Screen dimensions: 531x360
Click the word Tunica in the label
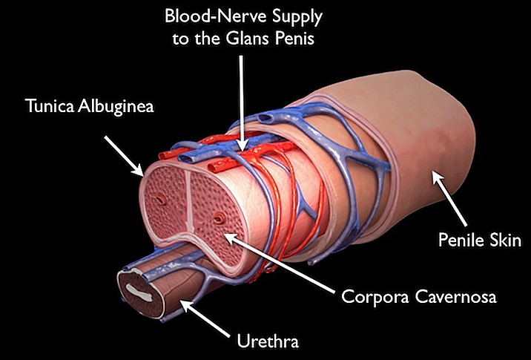click(x=50, y=105)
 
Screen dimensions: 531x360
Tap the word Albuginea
click(x=116, y=106)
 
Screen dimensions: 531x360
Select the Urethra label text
click(x=268, y=341)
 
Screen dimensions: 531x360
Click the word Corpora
click(x=375, y=297)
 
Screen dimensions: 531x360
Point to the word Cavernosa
click(x=456, y=298)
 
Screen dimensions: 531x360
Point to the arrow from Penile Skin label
click(x=449, y=198)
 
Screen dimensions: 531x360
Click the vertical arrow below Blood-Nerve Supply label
click(x=241, y=103)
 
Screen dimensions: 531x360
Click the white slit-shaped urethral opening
click(x=139, y=293)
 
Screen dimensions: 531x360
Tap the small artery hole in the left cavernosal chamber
click(x=162, y=200)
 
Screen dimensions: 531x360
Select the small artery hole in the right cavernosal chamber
click(x=219, y=218)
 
